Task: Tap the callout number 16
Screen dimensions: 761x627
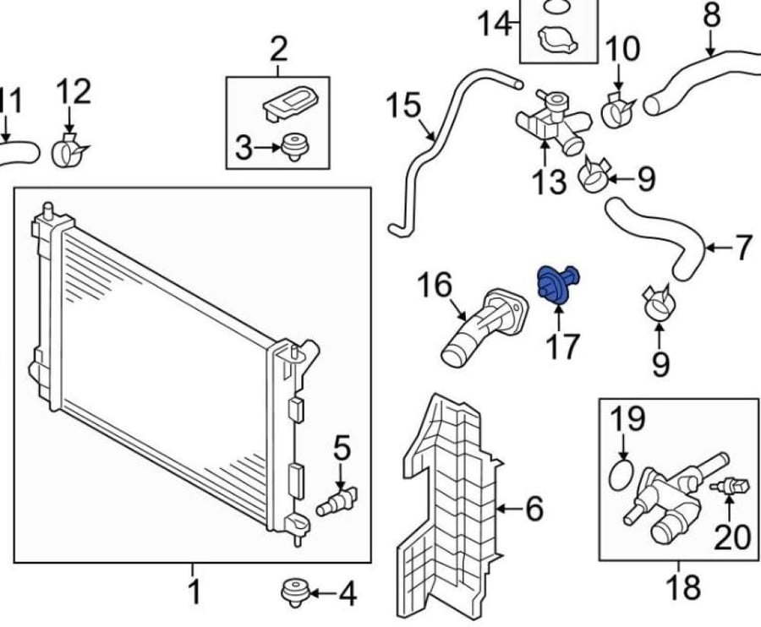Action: click(435, 285)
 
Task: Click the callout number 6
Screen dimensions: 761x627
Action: click(534, 509)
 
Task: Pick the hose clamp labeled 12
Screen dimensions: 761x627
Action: click(70, 150)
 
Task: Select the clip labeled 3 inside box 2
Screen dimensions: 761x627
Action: click(296, 147)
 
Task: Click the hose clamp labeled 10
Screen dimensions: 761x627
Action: click(618, 110)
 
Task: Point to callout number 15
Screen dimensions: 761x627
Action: click(404, 106)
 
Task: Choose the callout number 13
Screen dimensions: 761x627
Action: click(549, 182)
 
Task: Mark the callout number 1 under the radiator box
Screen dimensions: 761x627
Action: click(194, 592)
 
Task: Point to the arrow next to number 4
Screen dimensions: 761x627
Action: click(321, 592)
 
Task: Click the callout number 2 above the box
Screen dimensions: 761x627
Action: click(278, 48)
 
